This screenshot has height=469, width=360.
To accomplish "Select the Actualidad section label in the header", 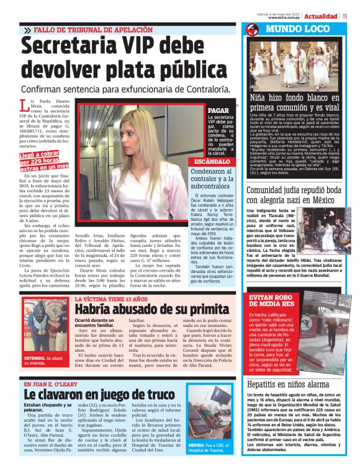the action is [322, 16].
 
